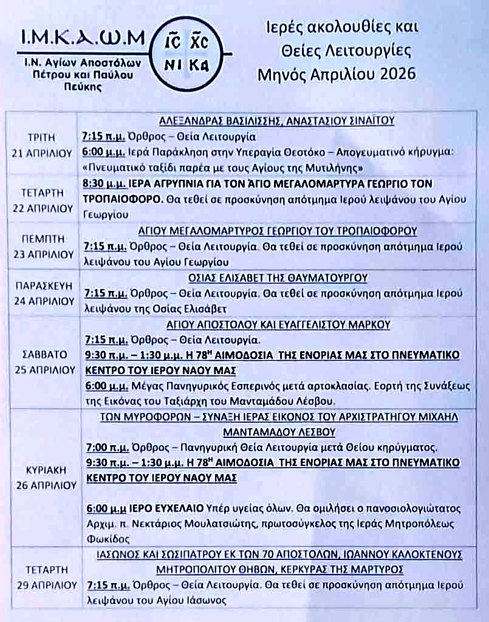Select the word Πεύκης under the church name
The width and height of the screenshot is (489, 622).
point(83,86)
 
